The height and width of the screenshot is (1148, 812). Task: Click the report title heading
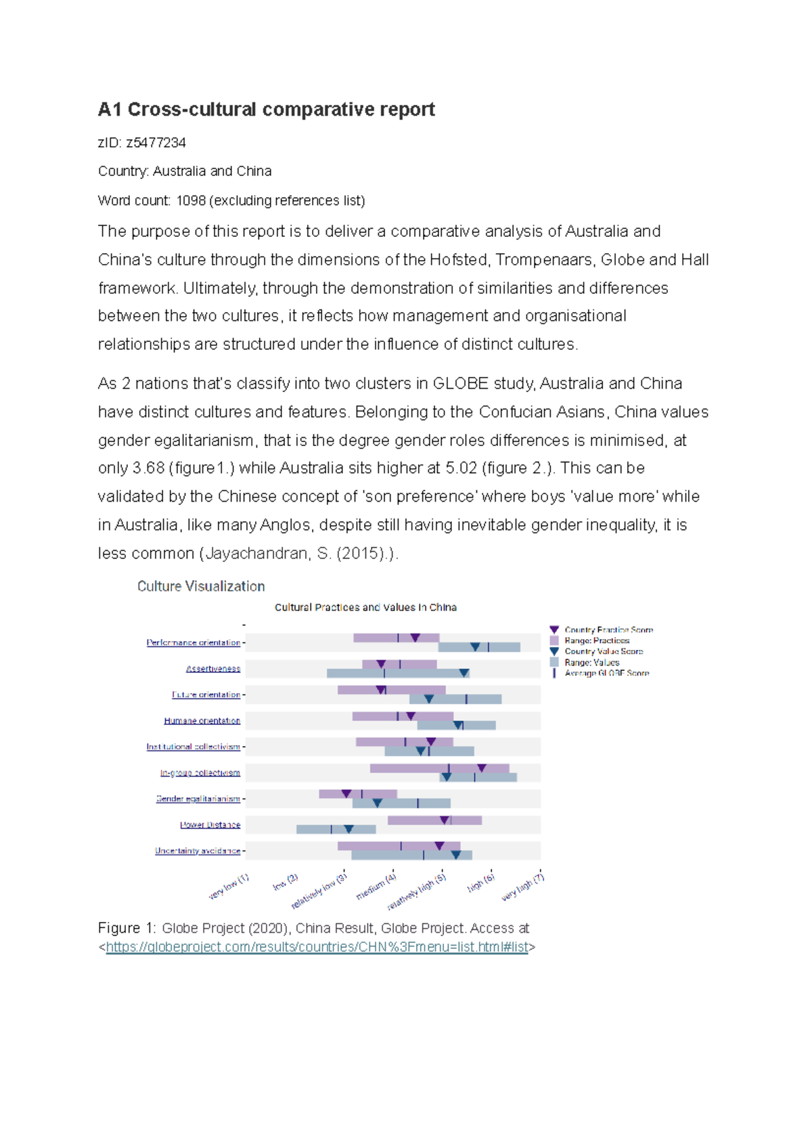pyautogui.click(x=266, y=110)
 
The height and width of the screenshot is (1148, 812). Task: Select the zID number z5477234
pyautogui.click(x=156, y=143)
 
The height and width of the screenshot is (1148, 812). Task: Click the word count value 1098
pyautogui.click(x=191, y=200)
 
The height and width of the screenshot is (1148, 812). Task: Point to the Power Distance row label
pyautogui.click(x=210, y=824)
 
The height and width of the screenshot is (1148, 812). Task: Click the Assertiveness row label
pyautogui.click(x=213, y=669)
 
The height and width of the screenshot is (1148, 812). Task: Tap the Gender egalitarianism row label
pyautogui.click(x=198, y=799)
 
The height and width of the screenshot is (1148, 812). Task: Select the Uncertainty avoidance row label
pyautogui.click(x=198, y=851)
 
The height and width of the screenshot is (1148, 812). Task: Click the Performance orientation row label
pyautogui.click(x=193, y=642)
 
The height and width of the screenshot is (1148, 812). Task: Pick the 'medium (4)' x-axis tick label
pyautogui.click(x=376, y=887)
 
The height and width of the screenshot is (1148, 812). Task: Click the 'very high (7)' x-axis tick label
pyautogui.click(x=523, y=887)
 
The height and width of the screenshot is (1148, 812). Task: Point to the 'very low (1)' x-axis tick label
pyautogui.click(x=229, y=887)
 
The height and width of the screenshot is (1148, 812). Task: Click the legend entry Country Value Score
pyautogui.click(x=604, y=651)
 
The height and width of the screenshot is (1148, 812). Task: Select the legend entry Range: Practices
pyautogui.click(x=597, y=640)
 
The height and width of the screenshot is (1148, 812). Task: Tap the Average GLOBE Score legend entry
pyautogui.click(x=606, y=673)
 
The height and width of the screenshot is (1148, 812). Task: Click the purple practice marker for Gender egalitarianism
pyautogui.click(x=346, y=793)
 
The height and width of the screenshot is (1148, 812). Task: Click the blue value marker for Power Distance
pyautogui.click(x=348, y=829)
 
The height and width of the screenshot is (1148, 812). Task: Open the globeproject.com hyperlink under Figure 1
pyautogui.click(x=317, y=947)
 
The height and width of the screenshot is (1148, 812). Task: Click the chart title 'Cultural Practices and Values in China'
pyautogui.click(x=365, y=607)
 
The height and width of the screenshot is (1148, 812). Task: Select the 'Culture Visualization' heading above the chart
pyautogui.click(x=201, y=586)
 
